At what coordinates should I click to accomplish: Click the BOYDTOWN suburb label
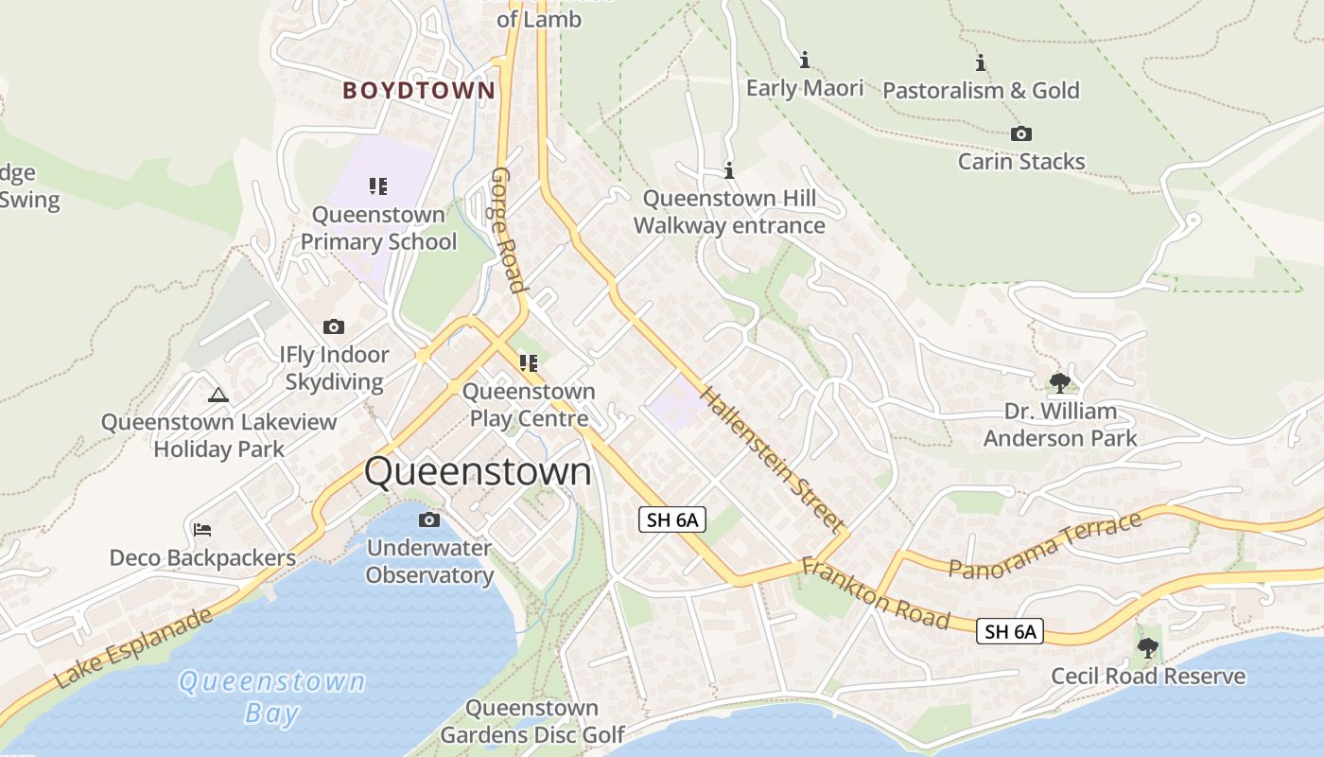pyautogui.click(x=418, y=91)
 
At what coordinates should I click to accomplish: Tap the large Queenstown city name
pyautogui.click(x=478, y=471)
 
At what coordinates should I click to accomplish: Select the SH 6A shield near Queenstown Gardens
pyautogui.click(x=672, y=519)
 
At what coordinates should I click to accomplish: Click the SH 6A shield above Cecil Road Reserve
pyautogui.click(x=1010, y=631)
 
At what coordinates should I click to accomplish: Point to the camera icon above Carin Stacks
pyautogui.click(x=1021, y=134)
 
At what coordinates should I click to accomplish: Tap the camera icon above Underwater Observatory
pyautogui.click(x=429, y=520)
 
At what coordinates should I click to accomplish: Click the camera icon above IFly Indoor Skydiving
pyautogui.click(x=334, y=327)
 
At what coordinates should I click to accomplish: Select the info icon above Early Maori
pyautogui.click(x=805, y=61)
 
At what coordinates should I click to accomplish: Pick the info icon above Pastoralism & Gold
pyautogui.click(x=981, y=63)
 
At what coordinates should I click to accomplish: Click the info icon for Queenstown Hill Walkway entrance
pyautogui.click(x=729, y=171)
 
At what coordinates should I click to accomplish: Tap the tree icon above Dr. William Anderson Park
pyautogui.click(x=1060, y=382)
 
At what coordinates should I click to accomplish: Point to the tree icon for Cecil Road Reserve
pyautogui.click(x=1148, y=648)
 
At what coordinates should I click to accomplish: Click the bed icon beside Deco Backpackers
pyautogui.click(x=202, y=530)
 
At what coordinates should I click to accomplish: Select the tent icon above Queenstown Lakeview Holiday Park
pyautogui.click(x=218, y=395)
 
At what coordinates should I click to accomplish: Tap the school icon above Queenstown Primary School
pyautogui.click(x=378, y=186)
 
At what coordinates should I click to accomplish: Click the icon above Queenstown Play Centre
pyautogui.click(x=529, y=362)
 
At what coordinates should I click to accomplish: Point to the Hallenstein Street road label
pyautogui.click(x=773, y=459)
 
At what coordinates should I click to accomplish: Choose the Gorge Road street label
pyautogui.click(x=508, y=231)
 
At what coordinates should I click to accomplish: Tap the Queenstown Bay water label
pyautogui.click(x=272, y=696)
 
